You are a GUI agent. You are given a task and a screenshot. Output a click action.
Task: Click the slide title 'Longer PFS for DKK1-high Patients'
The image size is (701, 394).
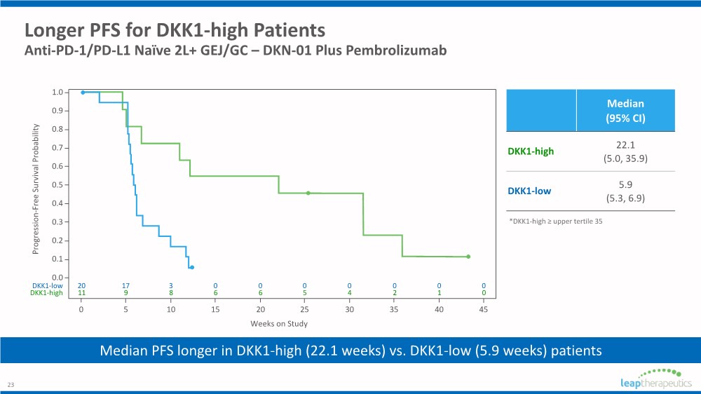pos(175,31)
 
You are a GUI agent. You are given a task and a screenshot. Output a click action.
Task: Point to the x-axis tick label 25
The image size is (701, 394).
pos(305,308)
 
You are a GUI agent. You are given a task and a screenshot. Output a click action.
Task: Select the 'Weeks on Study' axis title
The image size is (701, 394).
pos(279,323)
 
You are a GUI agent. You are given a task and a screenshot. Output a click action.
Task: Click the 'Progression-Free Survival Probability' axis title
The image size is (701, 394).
pos(36,189)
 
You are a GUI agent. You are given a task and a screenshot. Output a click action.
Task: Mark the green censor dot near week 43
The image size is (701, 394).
pos(468,257)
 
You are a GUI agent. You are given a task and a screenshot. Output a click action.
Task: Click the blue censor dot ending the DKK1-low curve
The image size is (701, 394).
pos(192,267)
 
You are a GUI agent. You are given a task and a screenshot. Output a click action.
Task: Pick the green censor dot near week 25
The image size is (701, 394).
pos(308,193)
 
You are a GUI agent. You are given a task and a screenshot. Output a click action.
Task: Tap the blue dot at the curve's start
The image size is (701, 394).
pos(83,93)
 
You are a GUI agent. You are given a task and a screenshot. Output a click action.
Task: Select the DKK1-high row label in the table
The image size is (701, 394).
pos(531,151)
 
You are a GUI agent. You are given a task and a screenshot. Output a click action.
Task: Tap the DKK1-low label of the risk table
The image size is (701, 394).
pos(47,285)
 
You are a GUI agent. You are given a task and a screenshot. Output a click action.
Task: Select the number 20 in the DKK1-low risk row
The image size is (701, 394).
pos(81,285)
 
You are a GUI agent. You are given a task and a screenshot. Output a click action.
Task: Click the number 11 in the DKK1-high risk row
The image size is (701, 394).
pos(81,293)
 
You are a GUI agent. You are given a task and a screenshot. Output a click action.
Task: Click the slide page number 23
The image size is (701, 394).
pos(11,385)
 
